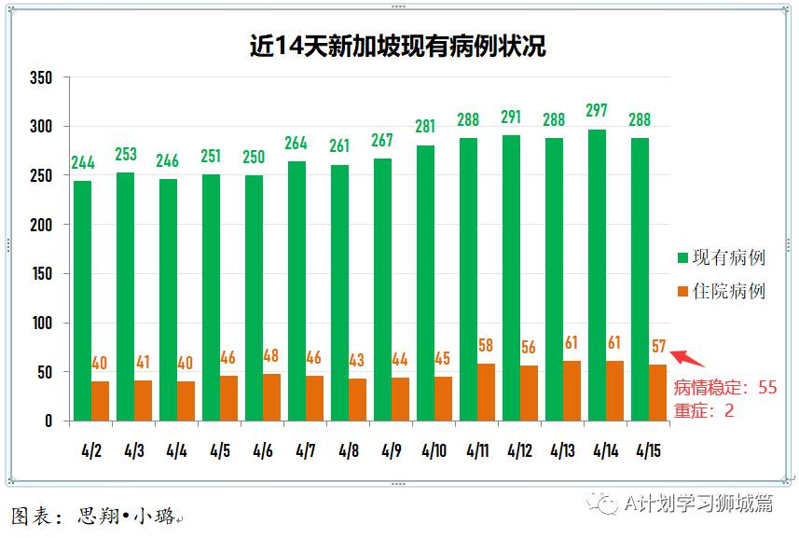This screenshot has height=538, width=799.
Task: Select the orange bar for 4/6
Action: (x=271, y=397)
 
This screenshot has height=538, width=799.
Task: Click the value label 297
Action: (x=597, y=110)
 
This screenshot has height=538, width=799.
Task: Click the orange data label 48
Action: (x=271, y=355)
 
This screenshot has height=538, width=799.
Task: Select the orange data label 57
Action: (x=658, y=346)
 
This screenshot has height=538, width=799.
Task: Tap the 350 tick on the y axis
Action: (x=41, y=77)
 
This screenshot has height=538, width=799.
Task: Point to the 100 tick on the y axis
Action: (x=41, y=324)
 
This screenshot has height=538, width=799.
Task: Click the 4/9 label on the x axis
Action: (x=391, y=451)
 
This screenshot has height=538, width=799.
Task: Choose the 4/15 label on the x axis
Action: (x=648, y=451)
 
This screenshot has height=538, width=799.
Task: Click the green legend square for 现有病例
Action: (x=682, y=257)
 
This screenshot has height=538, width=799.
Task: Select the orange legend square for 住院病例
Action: (x=682, y=292)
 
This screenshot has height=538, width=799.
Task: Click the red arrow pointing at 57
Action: (x=687, y=358)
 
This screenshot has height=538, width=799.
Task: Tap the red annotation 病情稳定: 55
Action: (x=725, y=387)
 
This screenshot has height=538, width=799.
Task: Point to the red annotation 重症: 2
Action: (x=704, y=409)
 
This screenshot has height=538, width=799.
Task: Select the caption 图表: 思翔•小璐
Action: (x=93, y=515)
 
